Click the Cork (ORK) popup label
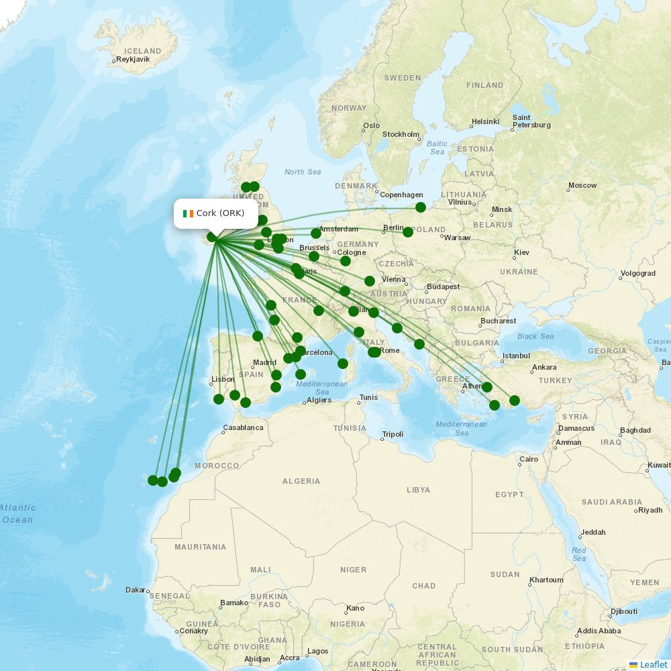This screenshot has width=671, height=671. pyautogui.click(x=220, y=213)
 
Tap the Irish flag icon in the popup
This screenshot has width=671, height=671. pyautogui.click(x=188, y=213)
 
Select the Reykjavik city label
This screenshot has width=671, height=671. pyautogui.click(x=133, y=59)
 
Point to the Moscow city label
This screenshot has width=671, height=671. pyautogui.click(x=582, y=185)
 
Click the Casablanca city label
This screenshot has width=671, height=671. pyautogui.click(x=243, y=427)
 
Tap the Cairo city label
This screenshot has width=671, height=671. pyautogui.click(x=529, y=460)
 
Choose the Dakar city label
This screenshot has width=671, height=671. pyautogui.click(x=136, y=590)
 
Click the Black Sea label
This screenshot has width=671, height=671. pyautogui.click(x=535, y=336)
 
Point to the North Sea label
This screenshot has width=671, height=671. pyautogui.click(x=303, y=172)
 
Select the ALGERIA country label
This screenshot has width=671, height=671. pyautogui.click(x=301, y=481)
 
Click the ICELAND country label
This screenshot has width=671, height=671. pyautogui.click(x=143, y=51)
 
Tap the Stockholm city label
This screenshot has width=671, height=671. pyautogui.click(x=401, y=134)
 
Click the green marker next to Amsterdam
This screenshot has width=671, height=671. pyautogui.click(x=316, y=234)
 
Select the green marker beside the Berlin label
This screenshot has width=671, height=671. pyautogui.click(x=408, y=232)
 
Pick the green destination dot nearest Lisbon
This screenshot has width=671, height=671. pyautogui.click(x=219, y=399)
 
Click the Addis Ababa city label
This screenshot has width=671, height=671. pyautogui.click(x=599, y=631)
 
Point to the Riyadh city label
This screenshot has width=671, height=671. pyautogui.click(x=650, y=510)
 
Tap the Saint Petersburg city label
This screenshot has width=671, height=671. pyautogui.click(x=531, y=121)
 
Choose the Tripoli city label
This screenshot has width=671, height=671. pyautogui.click(x=393, y=434)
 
